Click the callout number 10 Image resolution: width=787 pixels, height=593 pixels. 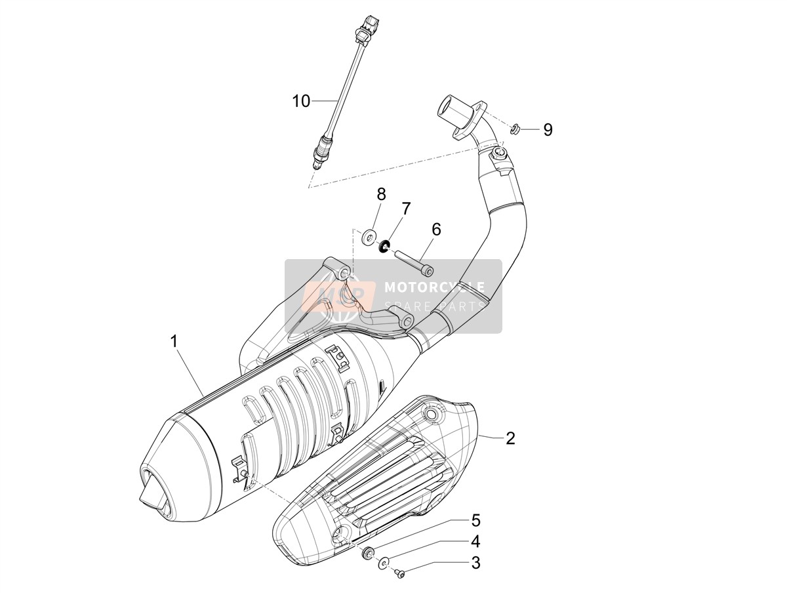coord(301,101)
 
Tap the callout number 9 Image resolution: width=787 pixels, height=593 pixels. coord(548,129)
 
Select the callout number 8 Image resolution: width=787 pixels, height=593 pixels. coord(381,194)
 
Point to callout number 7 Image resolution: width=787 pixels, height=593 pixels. coord(405,209)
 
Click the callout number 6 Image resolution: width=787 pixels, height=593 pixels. coord(436,230)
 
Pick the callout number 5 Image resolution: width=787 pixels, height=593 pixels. coord(475,520)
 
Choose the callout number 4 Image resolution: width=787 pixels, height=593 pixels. coord(475,541)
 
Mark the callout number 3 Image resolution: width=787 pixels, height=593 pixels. coord(475,563)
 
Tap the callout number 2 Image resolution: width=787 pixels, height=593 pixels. coord(510,438)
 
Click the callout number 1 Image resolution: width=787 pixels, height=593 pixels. coord(174,341)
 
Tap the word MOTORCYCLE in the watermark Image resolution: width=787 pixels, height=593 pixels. coord(434,287)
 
